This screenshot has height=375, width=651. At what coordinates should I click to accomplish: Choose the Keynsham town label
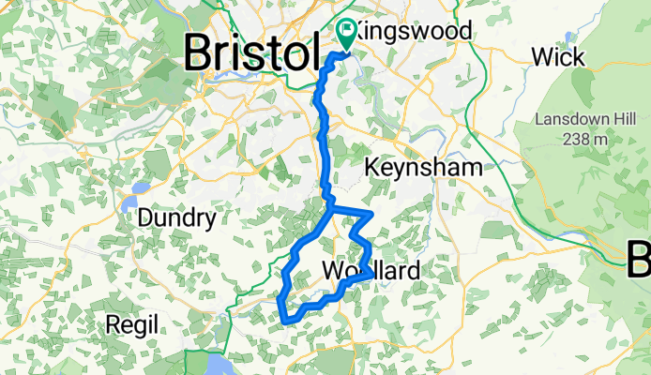(423, 168)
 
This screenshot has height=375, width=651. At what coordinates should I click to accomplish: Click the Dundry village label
(176, 219)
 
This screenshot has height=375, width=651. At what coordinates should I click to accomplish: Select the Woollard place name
(371, 272)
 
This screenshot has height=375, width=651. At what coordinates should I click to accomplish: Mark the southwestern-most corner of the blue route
(284, 322)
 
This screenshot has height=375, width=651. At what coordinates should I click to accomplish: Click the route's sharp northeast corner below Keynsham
(372, 215)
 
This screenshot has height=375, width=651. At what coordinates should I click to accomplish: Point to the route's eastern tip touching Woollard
(369, 275)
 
